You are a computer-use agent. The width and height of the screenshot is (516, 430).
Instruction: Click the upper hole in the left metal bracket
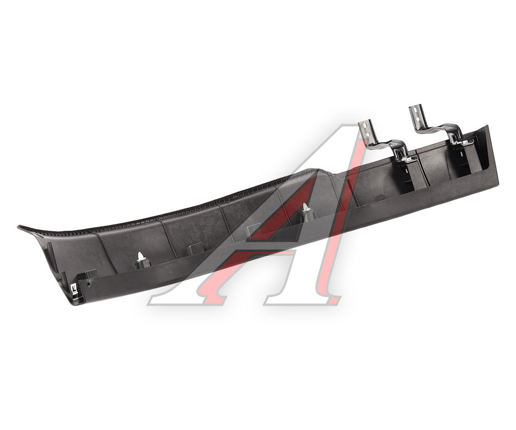pyautogui.click(x=365, y=125)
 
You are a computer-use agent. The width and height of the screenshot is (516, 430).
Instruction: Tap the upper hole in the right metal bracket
pyautogui.click(x=416, y=110)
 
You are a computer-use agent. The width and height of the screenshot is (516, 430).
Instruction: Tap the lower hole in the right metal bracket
pyautogui.click(x=417, y=119)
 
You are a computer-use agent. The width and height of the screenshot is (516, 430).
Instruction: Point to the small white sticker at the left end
pyautogui.click(x=74, y=289)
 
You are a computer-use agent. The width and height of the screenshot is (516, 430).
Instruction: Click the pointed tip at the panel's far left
pyautogui.click(x=18, y=227)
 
